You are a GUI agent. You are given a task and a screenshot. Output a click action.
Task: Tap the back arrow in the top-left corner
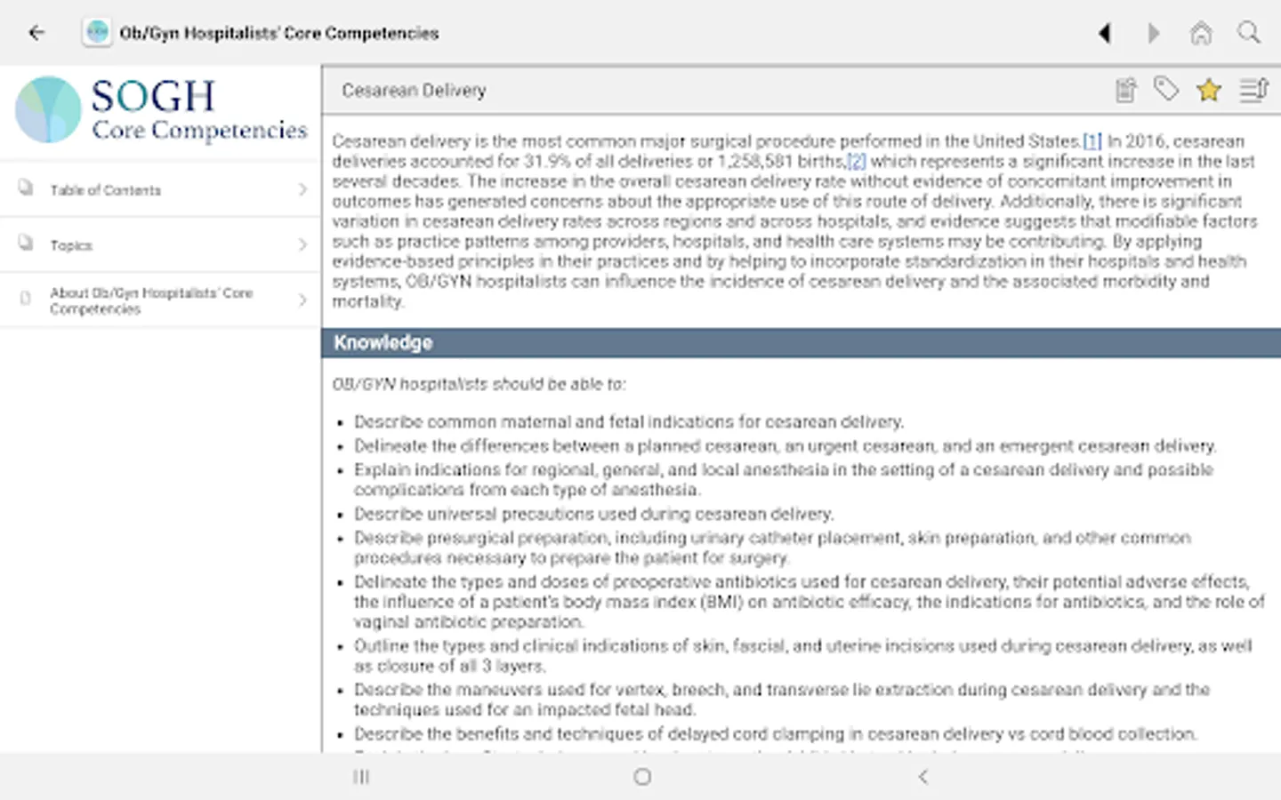(x=36, y=33)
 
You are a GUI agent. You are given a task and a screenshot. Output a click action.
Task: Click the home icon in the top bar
(x=1201, y=34)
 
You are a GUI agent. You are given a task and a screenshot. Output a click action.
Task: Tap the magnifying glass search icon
(x=1249, y=33)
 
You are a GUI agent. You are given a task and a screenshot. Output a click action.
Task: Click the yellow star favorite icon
(x=1209, y=90)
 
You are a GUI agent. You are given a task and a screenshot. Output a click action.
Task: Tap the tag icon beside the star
(x=1166, y=89)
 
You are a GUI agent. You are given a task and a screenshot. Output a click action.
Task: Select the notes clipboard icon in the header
(x=1126, y=90)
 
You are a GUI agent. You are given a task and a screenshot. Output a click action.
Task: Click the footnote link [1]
(x=1092, y=141)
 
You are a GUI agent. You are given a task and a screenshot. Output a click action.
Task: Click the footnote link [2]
(x=856, y=162)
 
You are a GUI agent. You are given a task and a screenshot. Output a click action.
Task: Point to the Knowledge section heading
(x=383, y=343)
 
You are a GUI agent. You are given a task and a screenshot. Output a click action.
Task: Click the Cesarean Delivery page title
(x=414, y=91)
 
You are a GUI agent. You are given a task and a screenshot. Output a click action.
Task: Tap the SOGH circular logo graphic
(x=49, y=109)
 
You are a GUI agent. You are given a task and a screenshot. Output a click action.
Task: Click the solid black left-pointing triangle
(x=1105, y=34)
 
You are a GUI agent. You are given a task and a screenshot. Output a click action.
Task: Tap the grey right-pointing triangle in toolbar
(x=1154, y=34)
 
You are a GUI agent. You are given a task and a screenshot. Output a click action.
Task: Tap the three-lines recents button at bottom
(x=361, y=777)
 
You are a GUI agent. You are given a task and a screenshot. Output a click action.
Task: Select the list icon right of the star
(x=1253, y=90)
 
